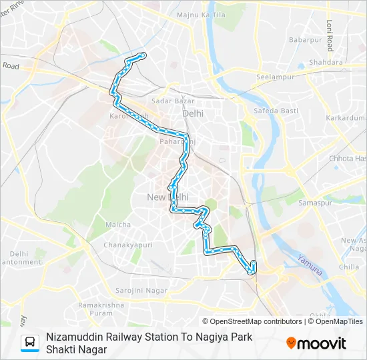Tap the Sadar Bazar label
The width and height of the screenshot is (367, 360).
pos(173,101)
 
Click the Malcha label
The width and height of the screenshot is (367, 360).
pos(118,225)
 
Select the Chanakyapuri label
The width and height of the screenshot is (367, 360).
pos(128,245)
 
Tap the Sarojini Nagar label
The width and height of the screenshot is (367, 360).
pos(141,291)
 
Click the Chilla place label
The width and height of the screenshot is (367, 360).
pos(348,267)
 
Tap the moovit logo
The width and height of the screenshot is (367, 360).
pos(316,343)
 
